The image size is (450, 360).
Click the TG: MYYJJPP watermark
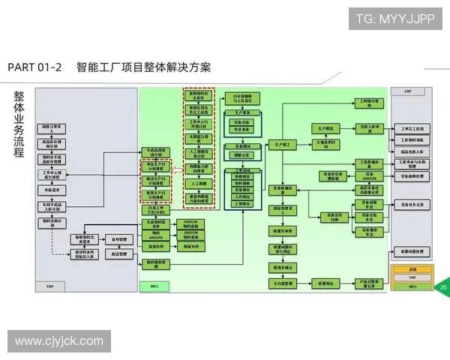pos(394,19)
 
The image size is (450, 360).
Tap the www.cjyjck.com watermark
pos(59,341)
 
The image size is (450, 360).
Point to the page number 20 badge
pos(443,287)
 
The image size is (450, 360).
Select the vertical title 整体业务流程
pos(19,124)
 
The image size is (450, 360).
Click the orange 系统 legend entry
pos(412,268)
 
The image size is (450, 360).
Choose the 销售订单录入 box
pos(52,127)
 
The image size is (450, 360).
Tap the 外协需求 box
pos(52,190)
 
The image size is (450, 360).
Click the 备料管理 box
pos(119,239)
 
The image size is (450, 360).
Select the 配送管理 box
pos(119,254)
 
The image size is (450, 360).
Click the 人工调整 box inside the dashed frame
pos(199,183)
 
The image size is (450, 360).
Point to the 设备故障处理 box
pos(412,176)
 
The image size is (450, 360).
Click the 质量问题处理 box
pos(412,251)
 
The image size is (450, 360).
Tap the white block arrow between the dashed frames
pos(178,171)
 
